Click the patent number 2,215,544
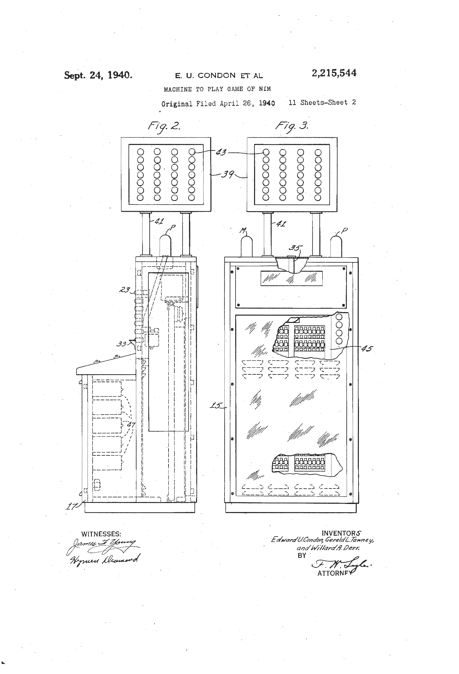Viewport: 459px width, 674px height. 334,73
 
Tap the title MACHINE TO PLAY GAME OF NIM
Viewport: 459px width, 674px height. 217,89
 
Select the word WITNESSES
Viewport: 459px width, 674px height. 101,534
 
